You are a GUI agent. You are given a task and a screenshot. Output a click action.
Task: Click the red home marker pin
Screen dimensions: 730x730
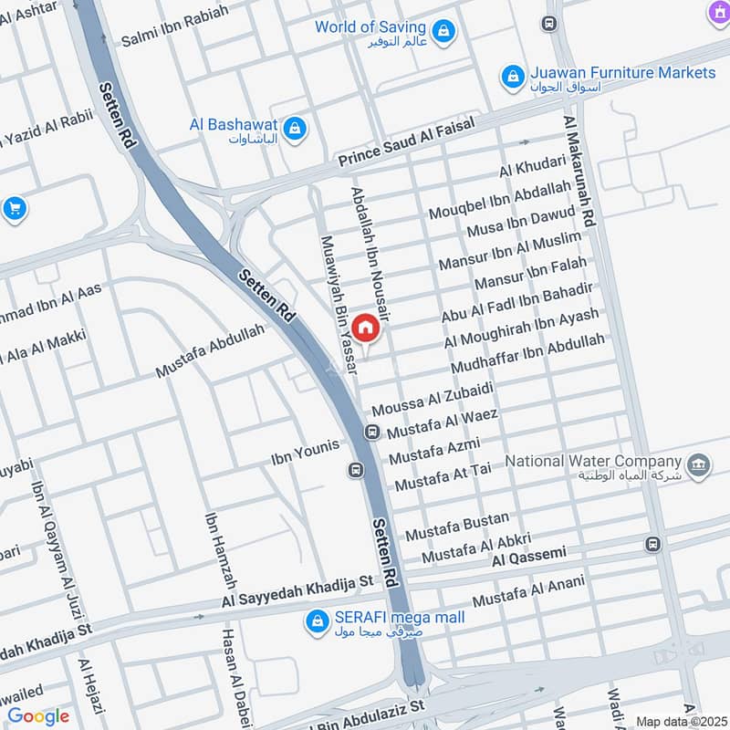364,328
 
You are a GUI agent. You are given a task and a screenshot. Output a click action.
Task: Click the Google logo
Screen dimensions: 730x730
38,716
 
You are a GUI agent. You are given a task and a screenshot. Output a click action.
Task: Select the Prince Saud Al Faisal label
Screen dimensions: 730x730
408,145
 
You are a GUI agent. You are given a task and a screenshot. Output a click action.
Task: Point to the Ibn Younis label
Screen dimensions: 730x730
305,449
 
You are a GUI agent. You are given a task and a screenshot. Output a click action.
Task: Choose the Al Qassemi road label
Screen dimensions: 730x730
529,554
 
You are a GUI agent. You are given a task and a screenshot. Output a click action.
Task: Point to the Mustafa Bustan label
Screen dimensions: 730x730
457,526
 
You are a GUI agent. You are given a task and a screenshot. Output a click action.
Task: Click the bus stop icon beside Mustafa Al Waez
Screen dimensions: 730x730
372,432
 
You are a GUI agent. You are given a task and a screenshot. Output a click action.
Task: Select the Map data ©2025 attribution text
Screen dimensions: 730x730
679,721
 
